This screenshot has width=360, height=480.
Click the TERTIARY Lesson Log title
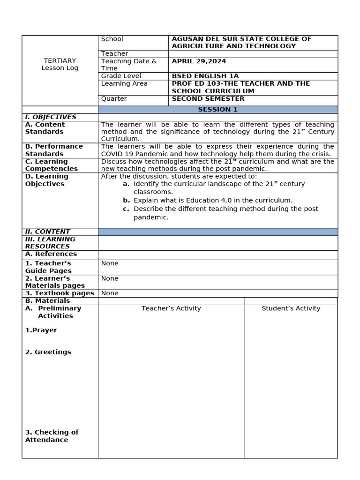click(x=60, y=64)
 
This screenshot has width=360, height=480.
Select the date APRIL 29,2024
click(x=199, y=61)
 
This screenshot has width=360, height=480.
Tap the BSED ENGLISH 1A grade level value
click(x=205, y=76)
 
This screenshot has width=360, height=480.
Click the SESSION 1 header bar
click(x=217, y=109)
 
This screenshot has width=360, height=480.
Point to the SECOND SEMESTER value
click(x=208, y=99)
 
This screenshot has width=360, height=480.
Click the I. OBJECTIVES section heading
click(x=51, y=117)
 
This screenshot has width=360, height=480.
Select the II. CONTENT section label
click(x=47, y=232)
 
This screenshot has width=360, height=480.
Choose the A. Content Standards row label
click(x=45, y=128)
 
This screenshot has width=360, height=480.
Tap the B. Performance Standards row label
click(x=54, y=150)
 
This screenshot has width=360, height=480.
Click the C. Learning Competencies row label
click(x=52, y=165)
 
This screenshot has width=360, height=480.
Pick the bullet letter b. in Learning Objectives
click(x=126, y=200)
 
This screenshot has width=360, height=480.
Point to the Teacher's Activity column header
click(x=171, y=308)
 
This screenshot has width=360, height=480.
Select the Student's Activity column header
click(x=291, y=308)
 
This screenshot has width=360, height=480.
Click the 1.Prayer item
click(x=41, y=330)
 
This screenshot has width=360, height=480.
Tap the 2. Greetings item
click(x=48, y=352)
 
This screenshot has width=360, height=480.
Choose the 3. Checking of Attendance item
click(x=52, y=436)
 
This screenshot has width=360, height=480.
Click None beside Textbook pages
click(x=110, y=293)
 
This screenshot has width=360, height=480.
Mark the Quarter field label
click(x=114, y=99)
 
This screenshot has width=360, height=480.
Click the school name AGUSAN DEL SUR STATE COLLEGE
click(x=241, y=39)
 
